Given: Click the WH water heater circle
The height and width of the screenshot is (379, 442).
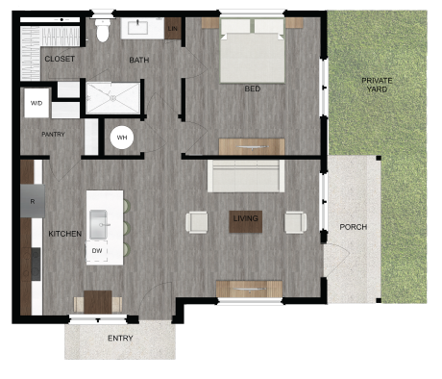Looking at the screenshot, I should [x=122, y=138].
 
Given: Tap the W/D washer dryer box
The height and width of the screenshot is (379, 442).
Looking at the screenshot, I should [x=37, y=102].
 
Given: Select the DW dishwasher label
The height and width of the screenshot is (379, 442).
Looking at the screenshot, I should [x=97, y=250].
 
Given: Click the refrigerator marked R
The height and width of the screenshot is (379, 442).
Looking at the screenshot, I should [x=32, y=201].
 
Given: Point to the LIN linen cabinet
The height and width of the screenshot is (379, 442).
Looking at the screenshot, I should [x=173, y=29].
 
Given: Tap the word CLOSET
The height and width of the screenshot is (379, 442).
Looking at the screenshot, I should [x=61, y=60].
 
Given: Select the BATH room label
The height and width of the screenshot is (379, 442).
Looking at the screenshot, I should [x=139, y=61].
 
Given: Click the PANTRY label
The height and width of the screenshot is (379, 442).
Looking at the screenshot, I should [x=54, y=134].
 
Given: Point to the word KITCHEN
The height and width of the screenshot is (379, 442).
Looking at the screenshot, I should [x=64, y=234].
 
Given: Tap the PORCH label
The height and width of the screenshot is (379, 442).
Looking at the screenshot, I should [x=354, y=227].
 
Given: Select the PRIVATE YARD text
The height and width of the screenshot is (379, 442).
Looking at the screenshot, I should [x=377, y=85].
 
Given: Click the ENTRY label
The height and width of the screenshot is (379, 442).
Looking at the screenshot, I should [x=120, y=338].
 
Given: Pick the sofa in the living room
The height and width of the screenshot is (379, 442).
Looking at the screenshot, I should [x=246, y=176].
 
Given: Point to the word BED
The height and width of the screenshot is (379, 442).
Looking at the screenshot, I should [x=252, y=88].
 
